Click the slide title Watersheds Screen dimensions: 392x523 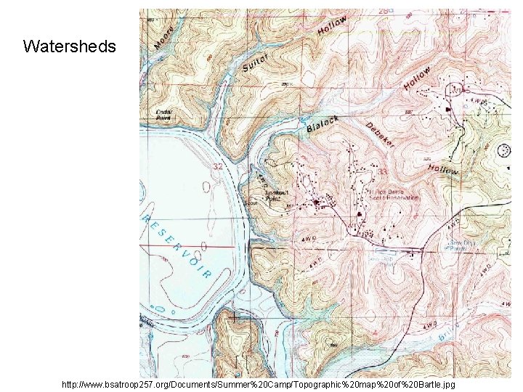69,47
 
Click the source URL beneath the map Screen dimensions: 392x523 259,383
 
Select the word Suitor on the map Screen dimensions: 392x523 256,62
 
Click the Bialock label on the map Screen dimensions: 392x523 323,122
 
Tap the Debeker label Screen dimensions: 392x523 381,134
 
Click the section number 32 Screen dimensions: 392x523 217,167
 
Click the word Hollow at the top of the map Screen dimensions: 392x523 332,27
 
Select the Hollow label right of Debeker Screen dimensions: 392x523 443,169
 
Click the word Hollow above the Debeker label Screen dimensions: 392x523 417,78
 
